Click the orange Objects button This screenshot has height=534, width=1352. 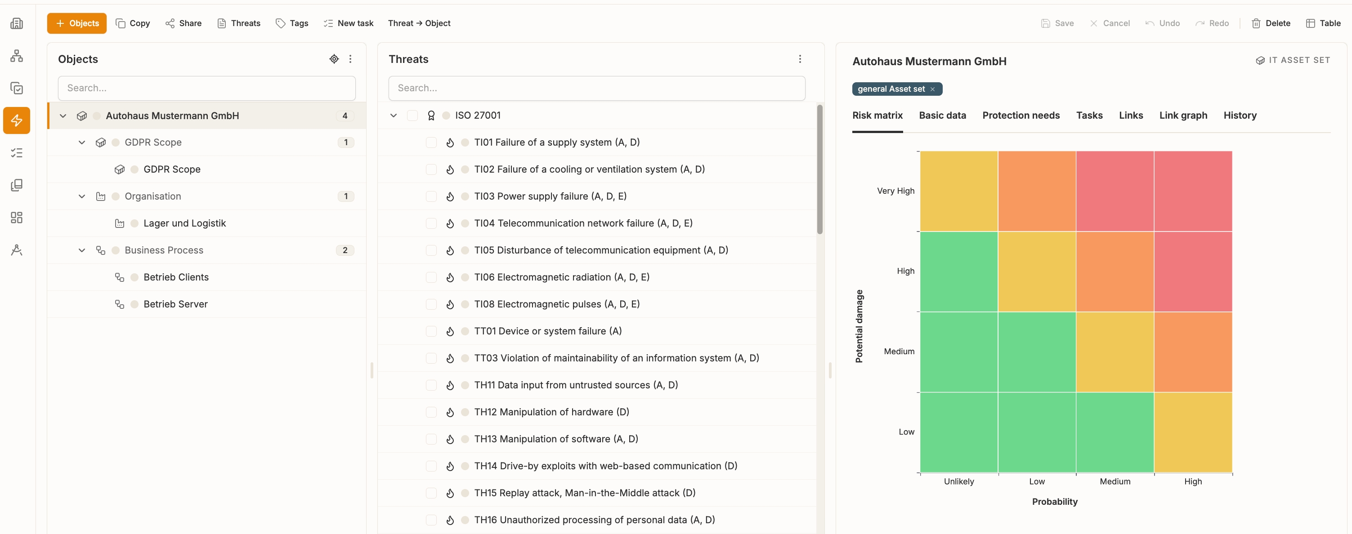click(x=76, y=23)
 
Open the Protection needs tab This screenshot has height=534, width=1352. click(x=1021, y=116)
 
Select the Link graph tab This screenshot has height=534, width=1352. click(x=1183, y=116)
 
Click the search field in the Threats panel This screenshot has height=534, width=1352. click(x=597, y=88)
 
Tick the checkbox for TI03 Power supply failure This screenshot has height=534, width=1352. click(x=431, y=196)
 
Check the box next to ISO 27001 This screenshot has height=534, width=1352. click(x=412, y=116)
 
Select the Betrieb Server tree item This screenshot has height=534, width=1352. click(x=175, y=304)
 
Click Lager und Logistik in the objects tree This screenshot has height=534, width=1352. click(x=185, y=223)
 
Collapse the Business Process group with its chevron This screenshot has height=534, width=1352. click(x=82, y=250)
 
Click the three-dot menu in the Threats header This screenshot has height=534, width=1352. click(x=800, y=59)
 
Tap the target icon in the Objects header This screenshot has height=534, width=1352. click(x=334, y=59)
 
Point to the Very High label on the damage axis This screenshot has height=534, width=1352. click(x=895, y=191)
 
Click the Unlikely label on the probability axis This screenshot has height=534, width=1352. click(x=958, y=481)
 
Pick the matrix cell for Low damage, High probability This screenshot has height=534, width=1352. click(x=1193, y=432)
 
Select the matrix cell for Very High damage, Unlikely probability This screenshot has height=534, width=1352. click(x=959, y=191)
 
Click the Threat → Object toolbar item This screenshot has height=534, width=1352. click(x=419, y=23)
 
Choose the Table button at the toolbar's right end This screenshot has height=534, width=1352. click(x=1323, y=23)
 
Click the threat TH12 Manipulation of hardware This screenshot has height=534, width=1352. click(x=551, y=412)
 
